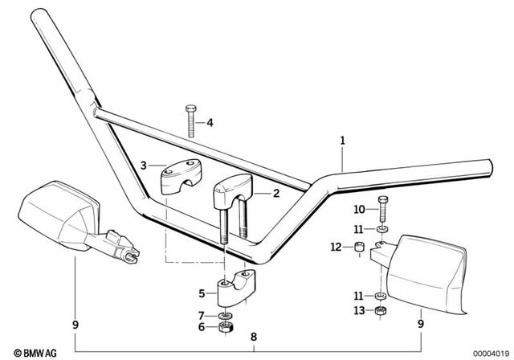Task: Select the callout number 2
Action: pyautogui.click(x=275, y=193)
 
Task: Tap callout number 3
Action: pyautogui.click(x=144, y=166)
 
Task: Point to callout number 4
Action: pyautogui.click(x=210, y=123)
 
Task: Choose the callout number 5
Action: pyautogui.click(x=202, y=292)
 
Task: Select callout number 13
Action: pyautogui.click(x=359, y=310)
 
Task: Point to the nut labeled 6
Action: pyautogui.click(x=227, y=328)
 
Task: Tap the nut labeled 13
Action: pyautogui.click(x=382, y=310)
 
